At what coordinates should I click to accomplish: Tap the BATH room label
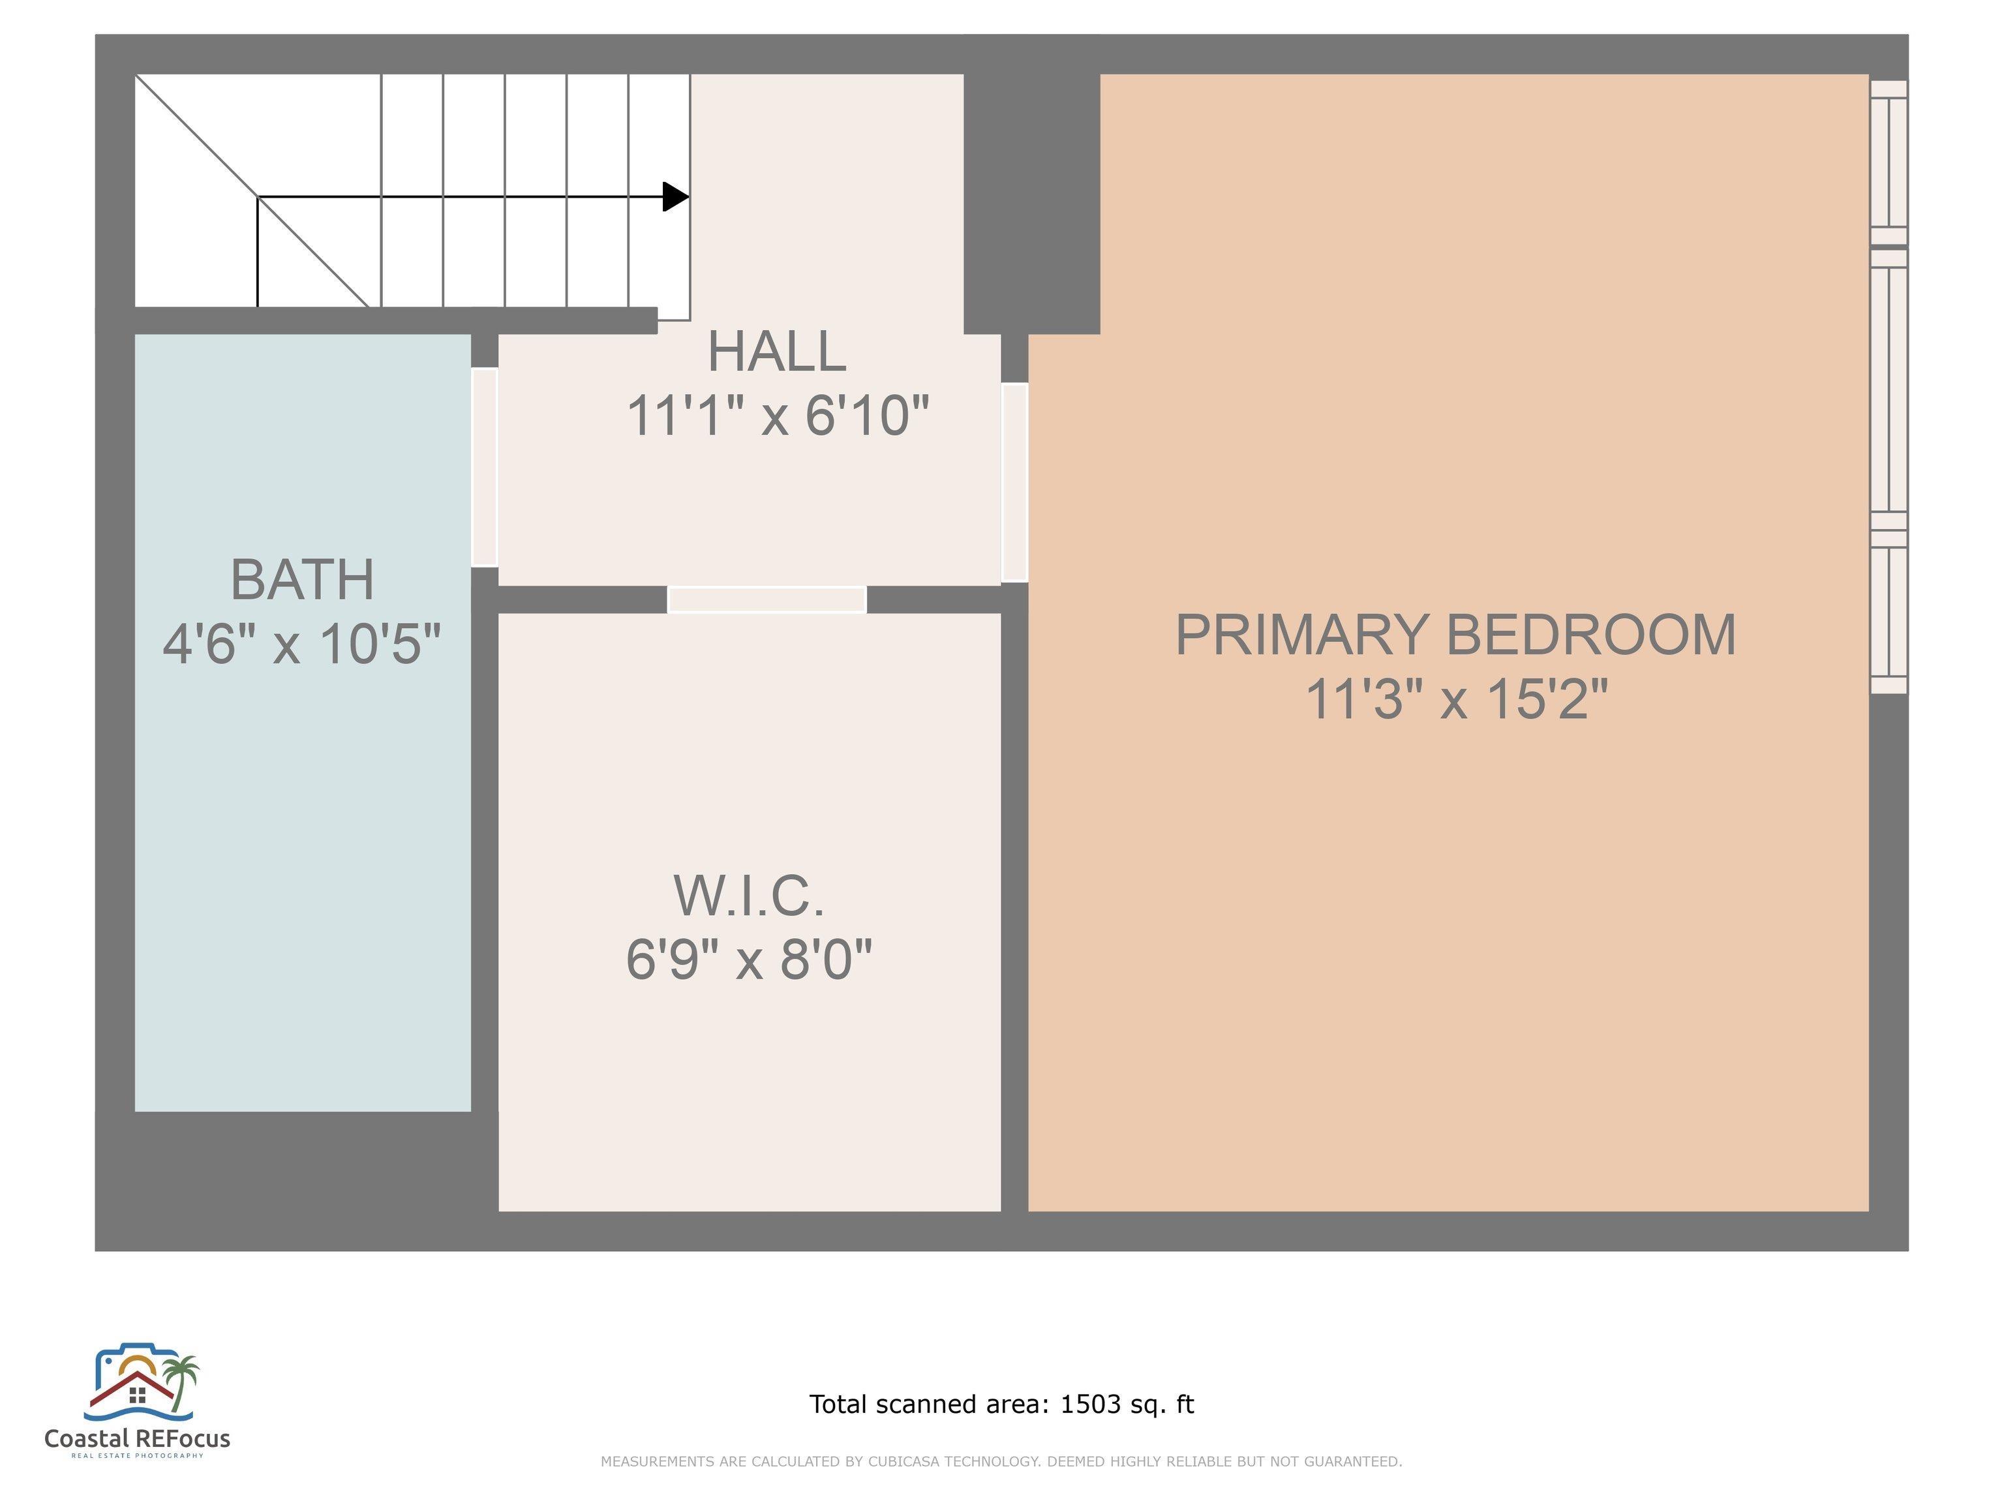coord(303,580)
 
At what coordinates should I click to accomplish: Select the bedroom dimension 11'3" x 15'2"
coord(1456,699)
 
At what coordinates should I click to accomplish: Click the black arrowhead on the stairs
coord(676,196)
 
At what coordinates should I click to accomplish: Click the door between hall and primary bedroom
coord(1014,482)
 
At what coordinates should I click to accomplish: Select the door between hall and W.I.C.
coord(767,600)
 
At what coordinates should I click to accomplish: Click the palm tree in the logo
coord(184,1381)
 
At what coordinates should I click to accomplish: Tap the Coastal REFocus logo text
coord(138,1438)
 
